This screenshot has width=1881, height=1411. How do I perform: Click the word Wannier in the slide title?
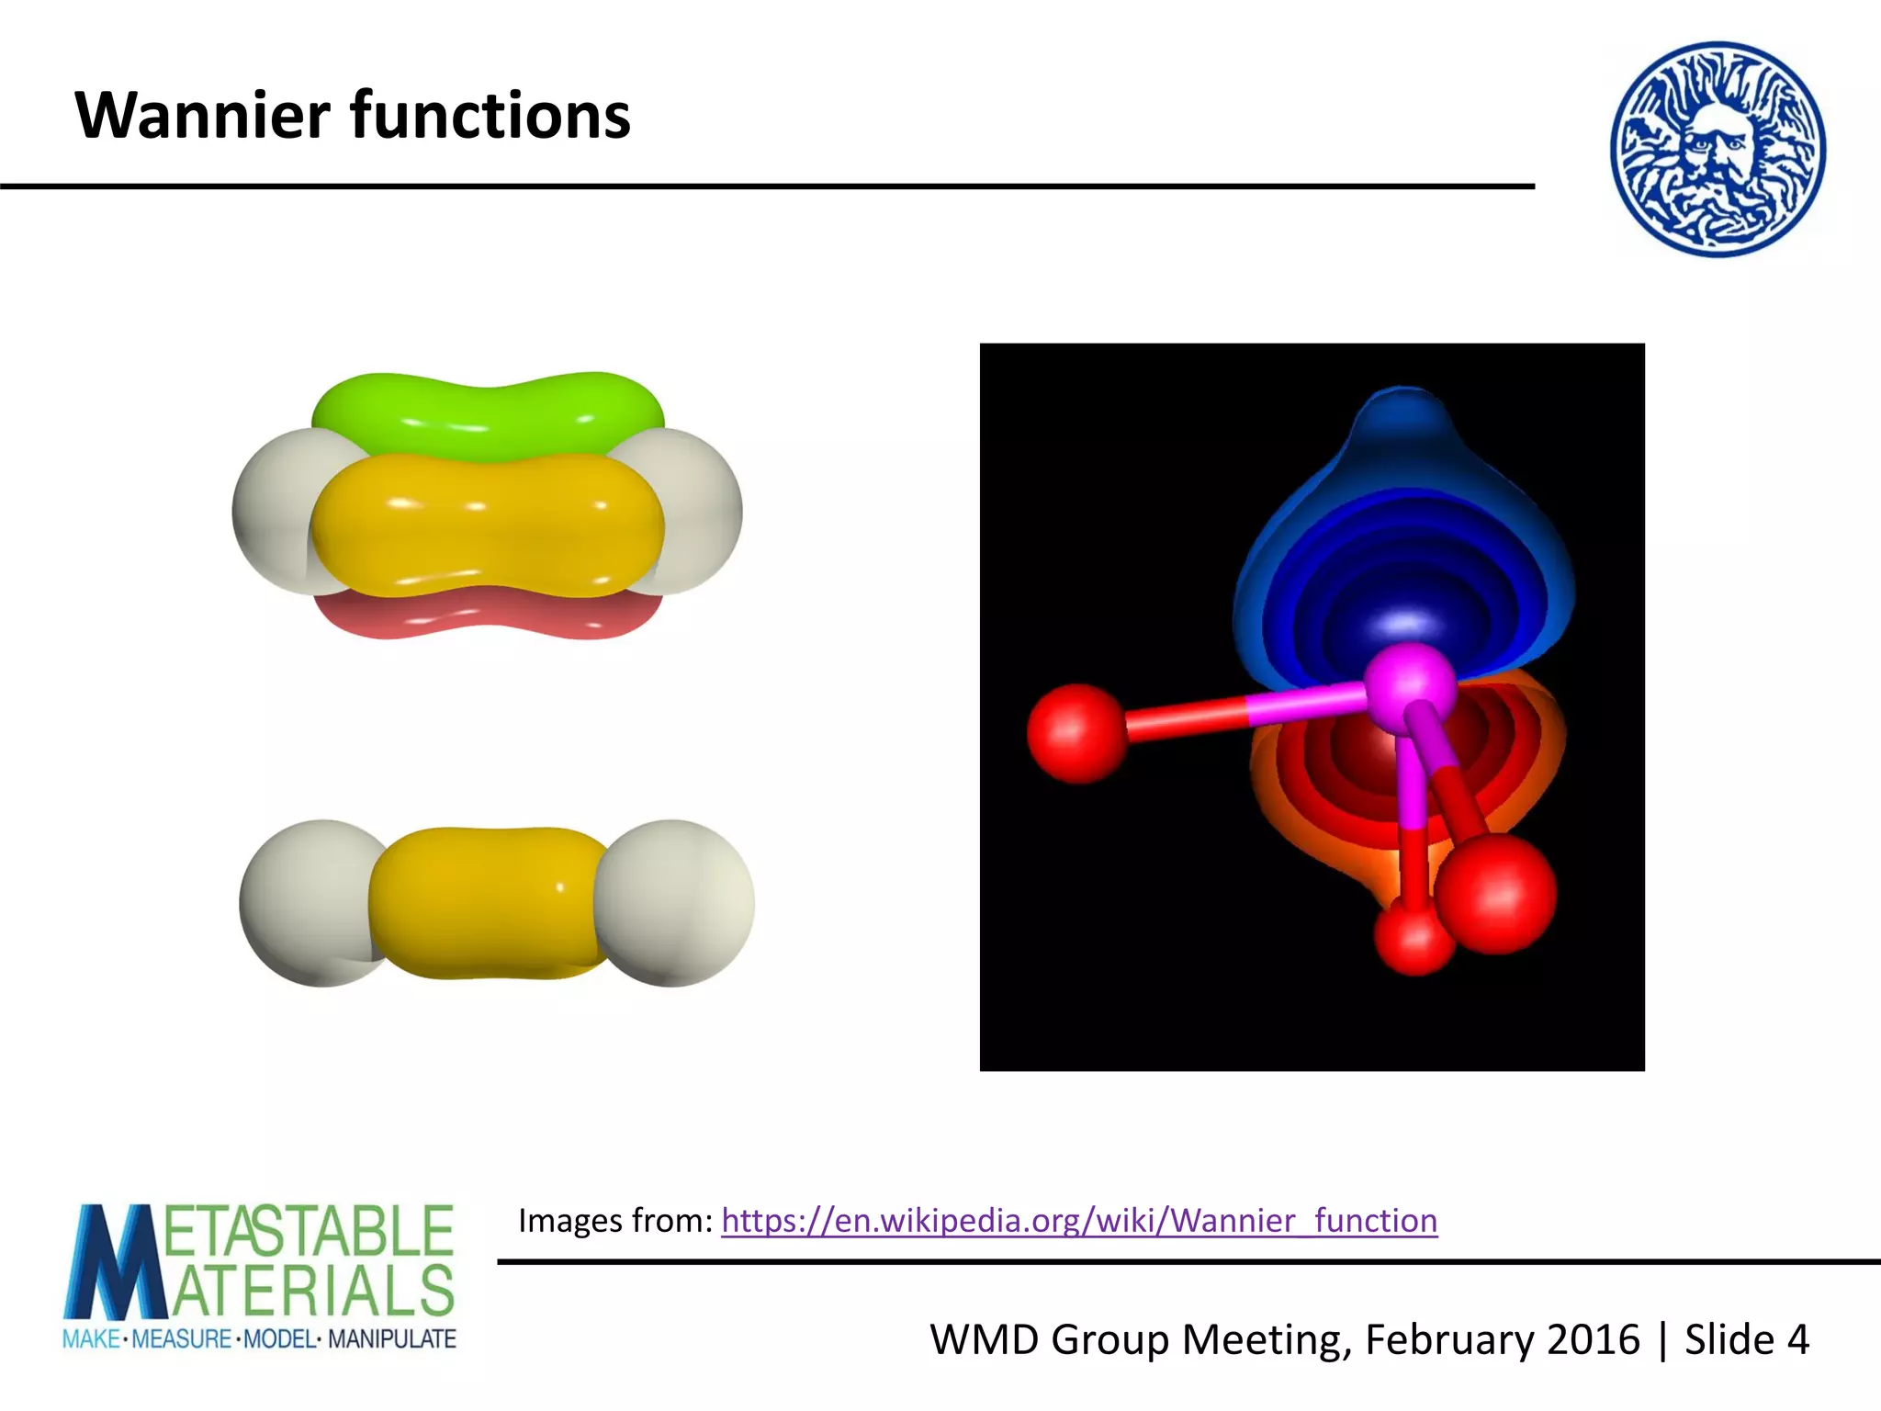(x=203, y=116)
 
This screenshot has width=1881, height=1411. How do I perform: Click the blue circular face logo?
(x=1718, y=149)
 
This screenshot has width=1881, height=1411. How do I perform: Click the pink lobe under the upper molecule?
(x=487, y=616)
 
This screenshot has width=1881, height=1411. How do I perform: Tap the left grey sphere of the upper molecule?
(x=271, y=510)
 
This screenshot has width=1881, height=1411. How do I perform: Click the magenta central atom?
(x=1408, y=687)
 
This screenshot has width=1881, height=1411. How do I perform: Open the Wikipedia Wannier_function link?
(x=1079, y=1221)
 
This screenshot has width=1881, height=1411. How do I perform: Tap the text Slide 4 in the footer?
(x=1746, y=1339)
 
